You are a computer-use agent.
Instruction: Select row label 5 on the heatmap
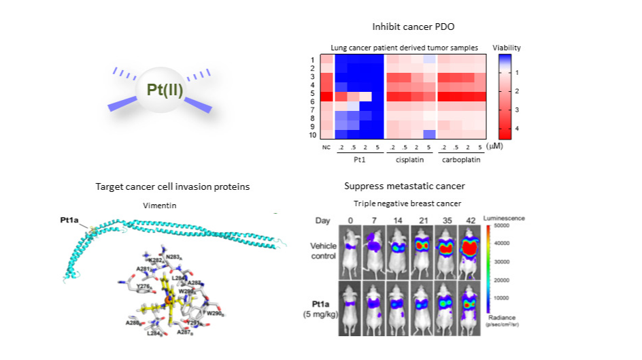pos(312,93)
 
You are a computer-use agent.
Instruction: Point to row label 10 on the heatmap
pos(311,135)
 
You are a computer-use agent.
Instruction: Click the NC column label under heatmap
pos(326,146)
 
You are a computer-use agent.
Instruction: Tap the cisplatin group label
pos(410,162)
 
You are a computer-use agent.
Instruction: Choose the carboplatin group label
pos(461,162)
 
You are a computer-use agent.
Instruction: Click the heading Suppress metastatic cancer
pos(399,186)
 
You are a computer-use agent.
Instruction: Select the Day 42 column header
pos(469,220)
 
